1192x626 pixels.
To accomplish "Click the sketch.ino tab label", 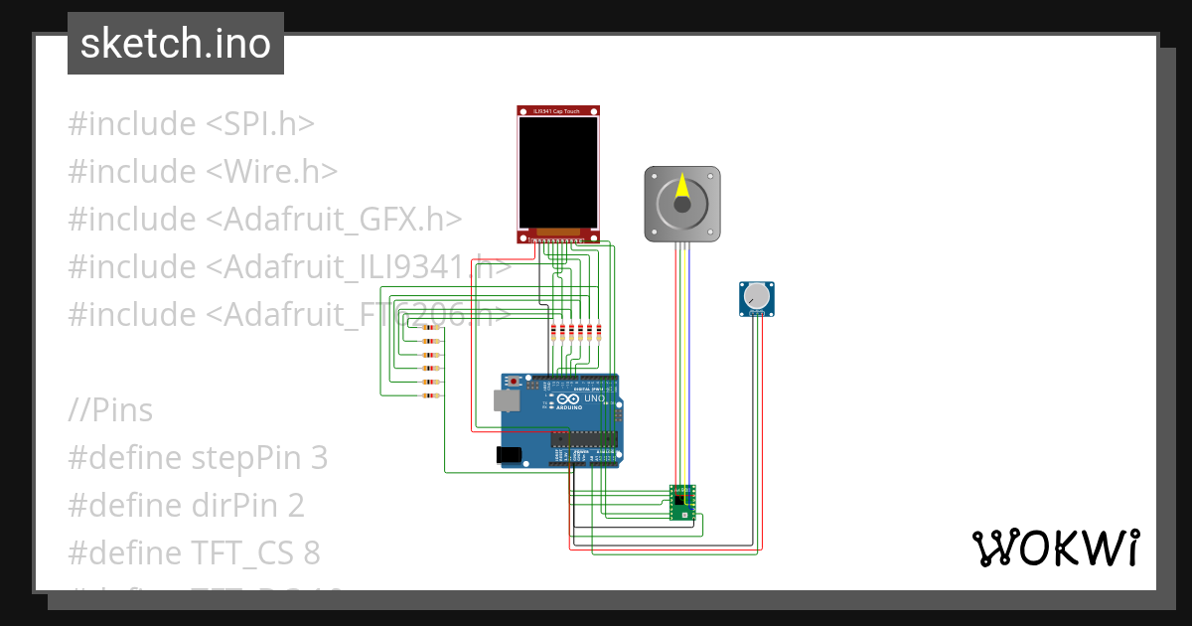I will (x=176, y=44).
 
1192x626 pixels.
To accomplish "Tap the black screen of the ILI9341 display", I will (x=558, y=172).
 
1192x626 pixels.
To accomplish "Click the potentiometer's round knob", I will (x=757, y=295).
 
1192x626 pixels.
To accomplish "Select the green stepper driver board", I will (x=681, y=503).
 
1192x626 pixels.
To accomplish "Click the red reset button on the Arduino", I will (x=514, y=382).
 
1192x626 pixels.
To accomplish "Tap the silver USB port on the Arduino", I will (x=505, y=399).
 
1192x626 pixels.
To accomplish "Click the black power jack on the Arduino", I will (x=509, y=454).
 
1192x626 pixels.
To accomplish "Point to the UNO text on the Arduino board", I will (x=594, y=398).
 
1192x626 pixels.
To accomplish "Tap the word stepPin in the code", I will (x=246, y=458).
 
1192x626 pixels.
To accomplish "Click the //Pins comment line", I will (x=110, y=410).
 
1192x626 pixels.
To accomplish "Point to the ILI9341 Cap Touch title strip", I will (x=558, y=111).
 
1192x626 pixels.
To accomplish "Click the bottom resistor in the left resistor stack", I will (x=430, y=396).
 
